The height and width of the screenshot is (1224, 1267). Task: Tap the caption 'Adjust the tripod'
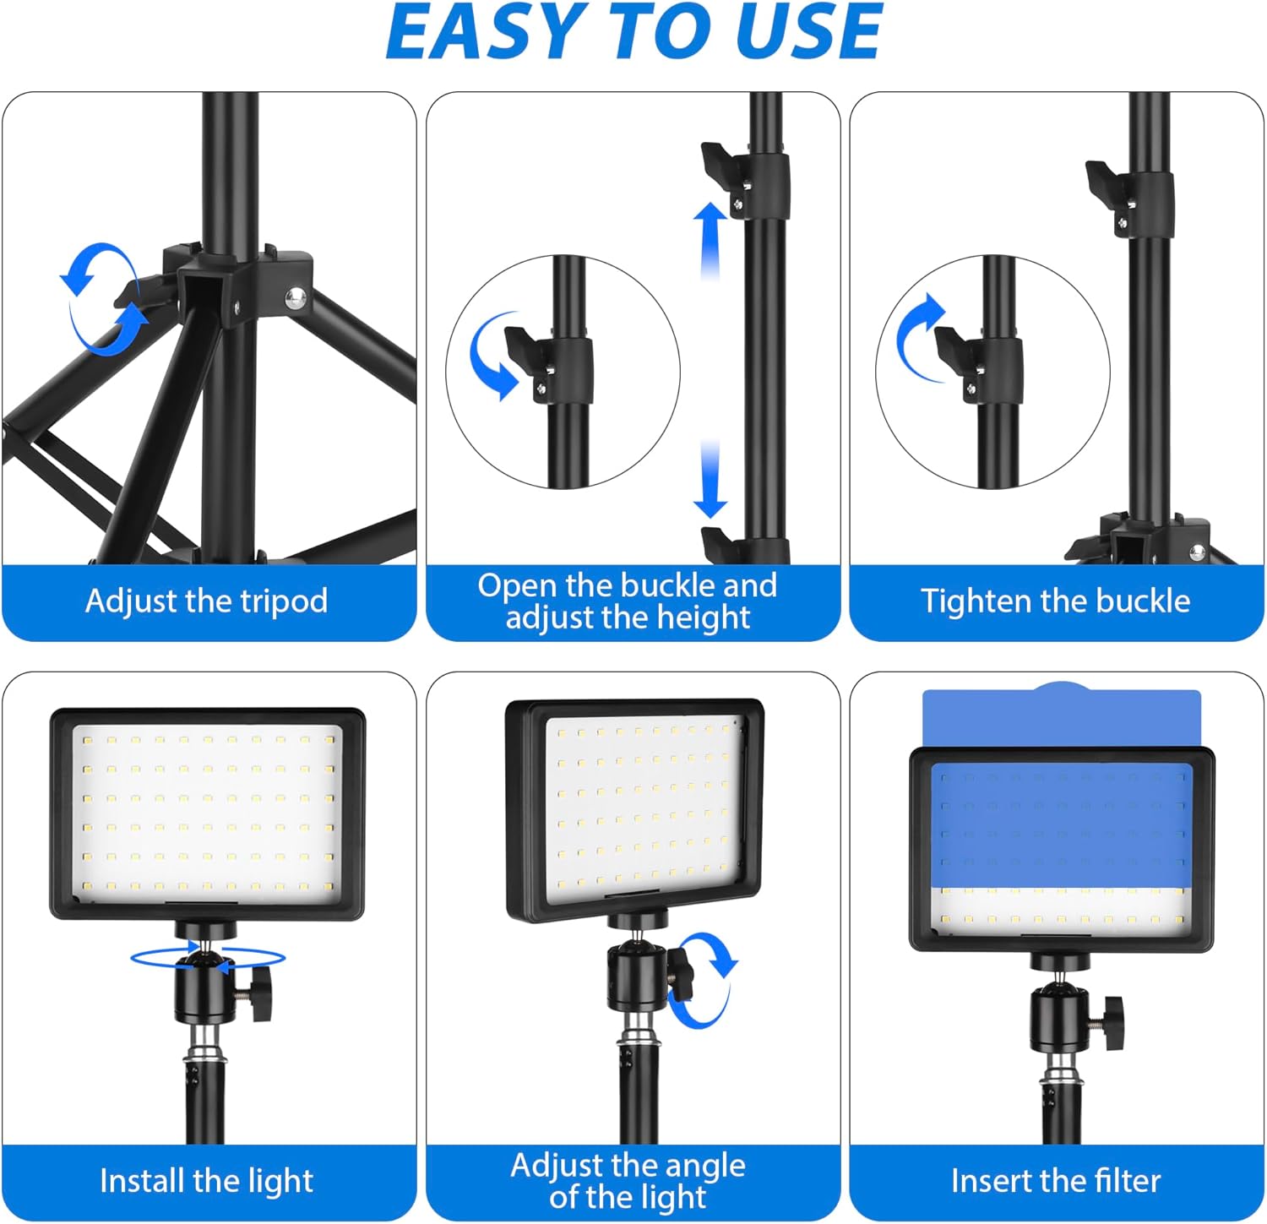click(x=207, y=601)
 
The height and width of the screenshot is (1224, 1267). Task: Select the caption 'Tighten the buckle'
click(x=1055, y=601)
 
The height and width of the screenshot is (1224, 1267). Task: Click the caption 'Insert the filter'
click(x=1055, y=1180)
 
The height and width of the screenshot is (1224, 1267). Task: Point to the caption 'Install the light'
click(x=207, y=1180)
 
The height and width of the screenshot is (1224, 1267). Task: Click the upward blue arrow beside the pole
click(x=710, y=241)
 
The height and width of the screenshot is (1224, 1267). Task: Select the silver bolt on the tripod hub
click(x=295, y=296)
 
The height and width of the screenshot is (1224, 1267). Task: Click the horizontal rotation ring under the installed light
click(x=207, y=957)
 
